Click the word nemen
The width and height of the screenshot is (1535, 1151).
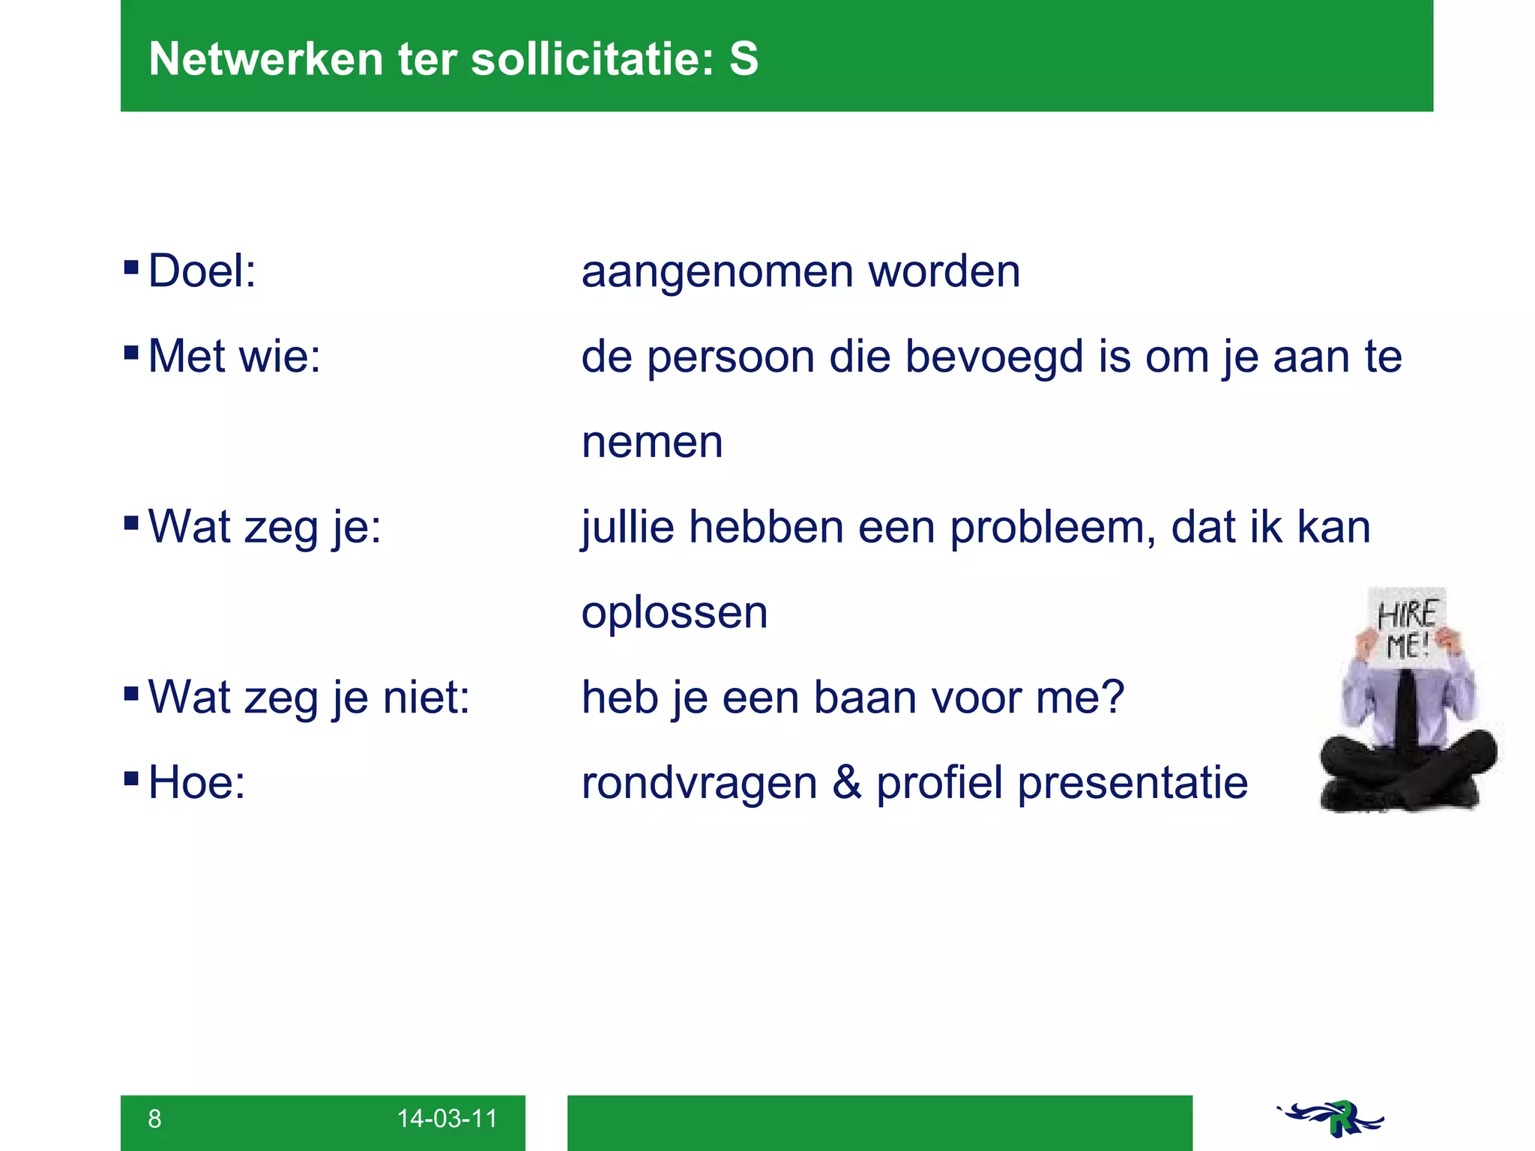click(652, 442)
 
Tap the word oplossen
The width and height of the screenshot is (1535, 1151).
click(675, 613)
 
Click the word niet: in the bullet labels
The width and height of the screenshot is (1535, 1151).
click(426, 698)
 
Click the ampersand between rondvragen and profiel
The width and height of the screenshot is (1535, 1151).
click(847, 783)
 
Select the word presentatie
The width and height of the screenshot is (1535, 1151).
click(1133, 783)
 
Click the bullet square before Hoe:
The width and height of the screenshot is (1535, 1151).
click(131, 778)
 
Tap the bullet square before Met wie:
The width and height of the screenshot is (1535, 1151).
click(131, 351)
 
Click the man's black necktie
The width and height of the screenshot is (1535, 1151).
click(1406, 712)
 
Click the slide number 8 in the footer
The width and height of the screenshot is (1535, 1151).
click(154, 1119)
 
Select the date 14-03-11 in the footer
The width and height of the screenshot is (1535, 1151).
click(447, 1119)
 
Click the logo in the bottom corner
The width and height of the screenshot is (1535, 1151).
click(1331, 1118)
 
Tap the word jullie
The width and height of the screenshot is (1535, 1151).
click(628, 528)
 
